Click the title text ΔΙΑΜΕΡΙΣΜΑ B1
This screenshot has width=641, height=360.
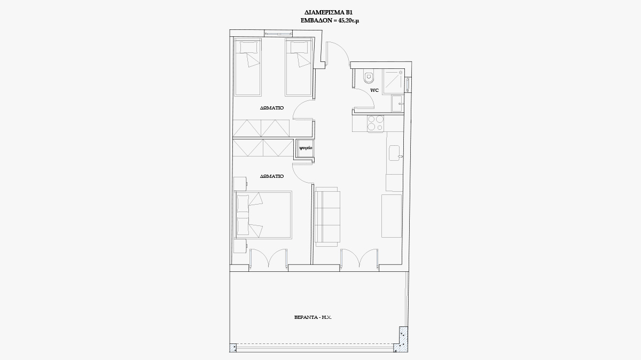[328, 13]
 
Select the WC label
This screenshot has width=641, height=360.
[374, 90]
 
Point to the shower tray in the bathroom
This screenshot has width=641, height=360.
[394, 81]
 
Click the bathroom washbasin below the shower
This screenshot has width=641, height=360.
[397, 103]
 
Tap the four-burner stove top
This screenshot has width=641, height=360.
[376, 123]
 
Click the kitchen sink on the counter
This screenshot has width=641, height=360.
[395, 153]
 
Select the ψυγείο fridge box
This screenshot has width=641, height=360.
[306, 148]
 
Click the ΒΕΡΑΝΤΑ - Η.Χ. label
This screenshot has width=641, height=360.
[313, 317]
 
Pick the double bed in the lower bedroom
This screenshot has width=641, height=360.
[263, 215]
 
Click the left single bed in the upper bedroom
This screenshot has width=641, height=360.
[248, 67]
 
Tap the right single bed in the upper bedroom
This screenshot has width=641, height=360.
[299, 67]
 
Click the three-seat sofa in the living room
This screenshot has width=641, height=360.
[327, 217]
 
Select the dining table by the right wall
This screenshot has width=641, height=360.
[392, 216]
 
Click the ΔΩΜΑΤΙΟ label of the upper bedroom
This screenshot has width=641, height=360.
[272, 108]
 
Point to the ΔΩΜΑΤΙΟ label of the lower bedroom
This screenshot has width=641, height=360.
[272, 176]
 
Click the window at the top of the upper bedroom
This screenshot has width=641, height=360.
[278, 34]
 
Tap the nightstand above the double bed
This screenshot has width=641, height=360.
[240, 184]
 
